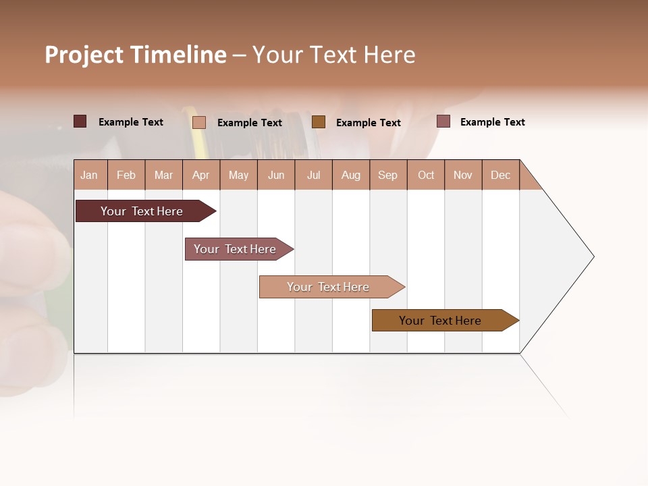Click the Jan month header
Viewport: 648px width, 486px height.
90,175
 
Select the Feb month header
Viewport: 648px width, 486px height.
126,175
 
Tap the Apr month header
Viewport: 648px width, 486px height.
201,175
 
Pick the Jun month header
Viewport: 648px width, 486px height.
276,175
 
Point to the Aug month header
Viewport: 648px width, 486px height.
351,175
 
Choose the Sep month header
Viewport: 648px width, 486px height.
388,175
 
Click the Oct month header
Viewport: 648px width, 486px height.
426,175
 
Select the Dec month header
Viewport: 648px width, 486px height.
501,175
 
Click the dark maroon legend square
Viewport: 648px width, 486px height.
80,122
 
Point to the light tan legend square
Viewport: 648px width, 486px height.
198,122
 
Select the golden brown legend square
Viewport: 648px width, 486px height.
319,122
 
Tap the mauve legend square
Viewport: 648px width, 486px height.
443,122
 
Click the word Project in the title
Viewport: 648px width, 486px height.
84,55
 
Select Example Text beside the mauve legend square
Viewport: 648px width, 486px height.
492,122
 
